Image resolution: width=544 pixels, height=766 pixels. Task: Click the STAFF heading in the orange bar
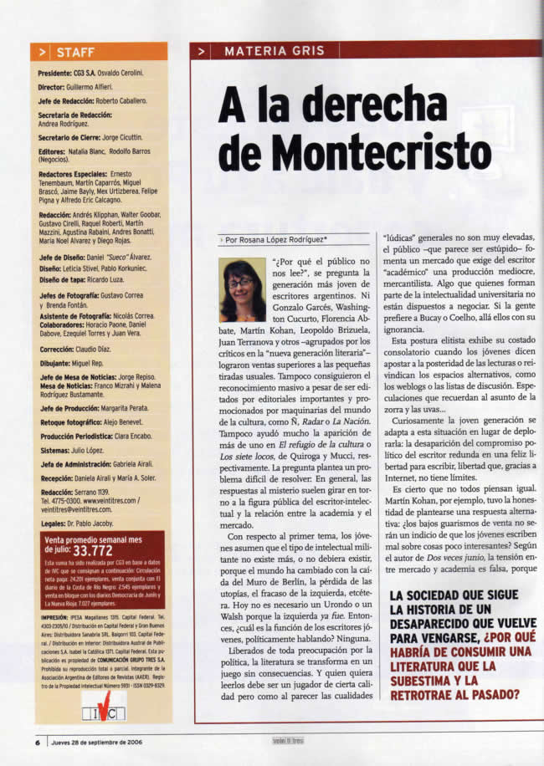[75, 52]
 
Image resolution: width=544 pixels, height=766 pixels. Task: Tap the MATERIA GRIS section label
[274, 51]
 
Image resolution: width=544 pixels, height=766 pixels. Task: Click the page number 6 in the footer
[38, 742]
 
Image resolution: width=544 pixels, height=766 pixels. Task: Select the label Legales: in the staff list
[54, 523]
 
